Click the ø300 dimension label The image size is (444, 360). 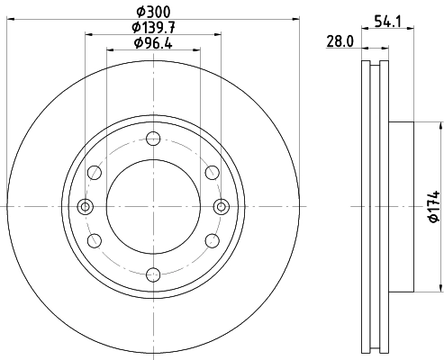click(153, 11)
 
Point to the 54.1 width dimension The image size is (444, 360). click(388, 17)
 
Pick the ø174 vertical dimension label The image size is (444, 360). click(433, 208)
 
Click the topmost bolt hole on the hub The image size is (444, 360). click(152, 139)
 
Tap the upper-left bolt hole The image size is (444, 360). click(95, 173)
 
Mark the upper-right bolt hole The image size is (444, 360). click(211, 173)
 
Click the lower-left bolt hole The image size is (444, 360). click(95, 240)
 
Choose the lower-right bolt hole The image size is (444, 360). click(211, 240)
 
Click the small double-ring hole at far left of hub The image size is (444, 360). click(86, 206)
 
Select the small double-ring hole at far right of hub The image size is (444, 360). click(220, 206)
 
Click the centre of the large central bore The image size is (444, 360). click(152, 206)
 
